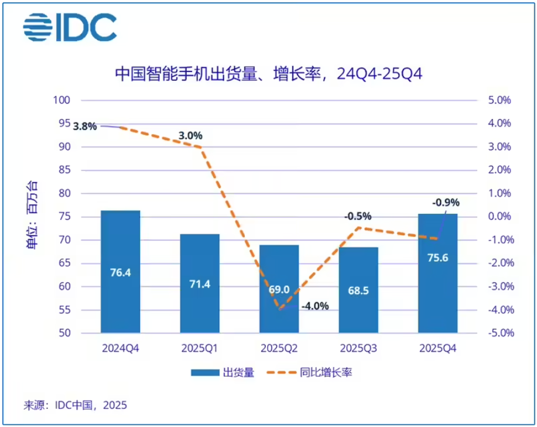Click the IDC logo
click(x=70, y=28)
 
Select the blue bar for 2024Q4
click(x=121, y=272)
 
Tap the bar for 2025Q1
click(x=200, y=283)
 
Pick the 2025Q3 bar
click(x=358, y=290)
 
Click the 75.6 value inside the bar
click(x=437, y=258)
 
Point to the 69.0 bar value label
click(x=279, y=290)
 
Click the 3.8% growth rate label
click(x=85, y=127)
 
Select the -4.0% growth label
click(x=315, y=306)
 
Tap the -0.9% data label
click(x=446, y=203)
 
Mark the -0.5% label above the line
click(x=358, y=216)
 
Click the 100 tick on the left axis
click(x=61, y=100)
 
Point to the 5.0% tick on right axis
click(x=500, y=100)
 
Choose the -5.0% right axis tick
click(x=501, y=333)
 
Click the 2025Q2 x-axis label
click(x=279, y=349)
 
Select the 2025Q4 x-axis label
click(x=437, y=349)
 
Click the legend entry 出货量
click(x=223, y=372)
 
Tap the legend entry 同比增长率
click(x=309, y=372)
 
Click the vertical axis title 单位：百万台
click(x=32, y=215)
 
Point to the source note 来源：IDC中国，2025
click(x=76, y=405)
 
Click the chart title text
click(x=268, y=74)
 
